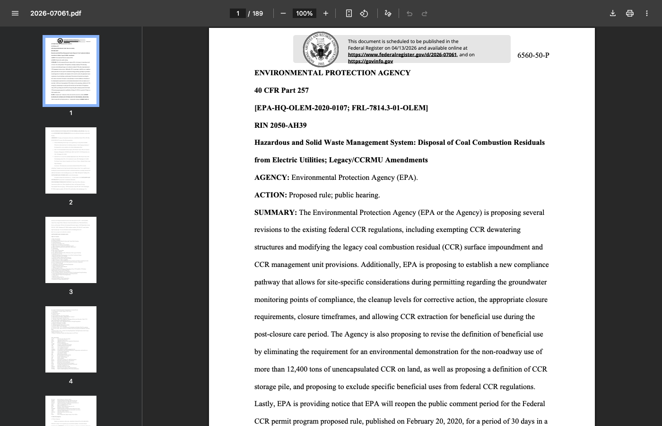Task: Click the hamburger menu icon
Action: (15, 13)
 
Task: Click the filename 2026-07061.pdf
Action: (56, 13)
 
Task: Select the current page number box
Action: (237, 13)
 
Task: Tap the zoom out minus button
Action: (283, 13)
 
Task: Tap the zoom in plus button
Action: (326, 13)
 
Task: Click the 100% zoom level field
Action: (305, 13)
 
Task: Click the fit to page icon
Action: (349, 13)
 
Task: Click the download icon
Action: (613, 13)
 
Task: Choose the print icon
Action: (630, 13)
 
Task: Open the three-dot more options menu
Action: (647, 13)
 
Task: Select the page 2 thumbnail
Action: (71, 160)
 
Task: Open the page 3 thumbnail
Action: (71, 250)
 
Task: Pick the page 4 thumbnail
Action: (71, 339)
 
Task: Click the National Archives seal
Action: (321, 49)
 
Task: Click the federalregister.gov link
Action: (402, 54)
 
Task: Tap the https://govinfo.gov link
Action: (370, 61)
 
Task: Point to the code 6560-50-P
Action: (533, 55)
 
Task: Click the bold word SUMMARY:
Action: (276, 213)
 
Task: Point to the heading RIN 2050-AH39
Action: (280, 125)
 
